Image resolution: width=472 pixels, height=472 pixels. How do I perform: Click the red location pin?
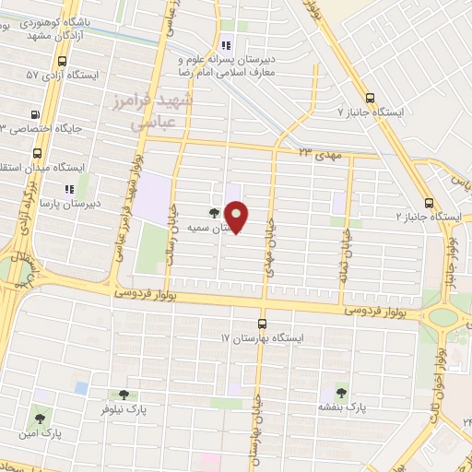tap(238, 217)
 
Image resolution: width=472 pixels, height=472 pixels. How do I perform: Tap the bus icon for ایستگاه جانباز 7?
tap(371, 97)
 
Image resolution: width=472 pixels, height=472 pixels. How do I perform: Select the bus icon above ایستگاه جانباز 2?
tap(428, 203)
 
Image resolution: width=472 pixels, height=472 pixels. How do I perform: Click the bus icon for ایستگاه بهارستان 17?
tap(262, 324)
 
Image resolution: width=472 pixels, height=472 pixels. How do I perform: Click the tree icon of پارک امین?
tap(39, 413)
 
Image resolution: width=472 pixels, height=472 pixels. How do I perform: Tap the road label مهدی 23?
tap(320, 155)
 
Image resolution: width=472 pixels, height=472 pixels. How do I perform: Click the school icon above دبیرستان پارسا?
tap(69, 189)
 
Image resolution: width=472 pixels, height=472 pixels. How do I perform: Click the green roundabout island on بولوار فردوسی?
tap(442, 317)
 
